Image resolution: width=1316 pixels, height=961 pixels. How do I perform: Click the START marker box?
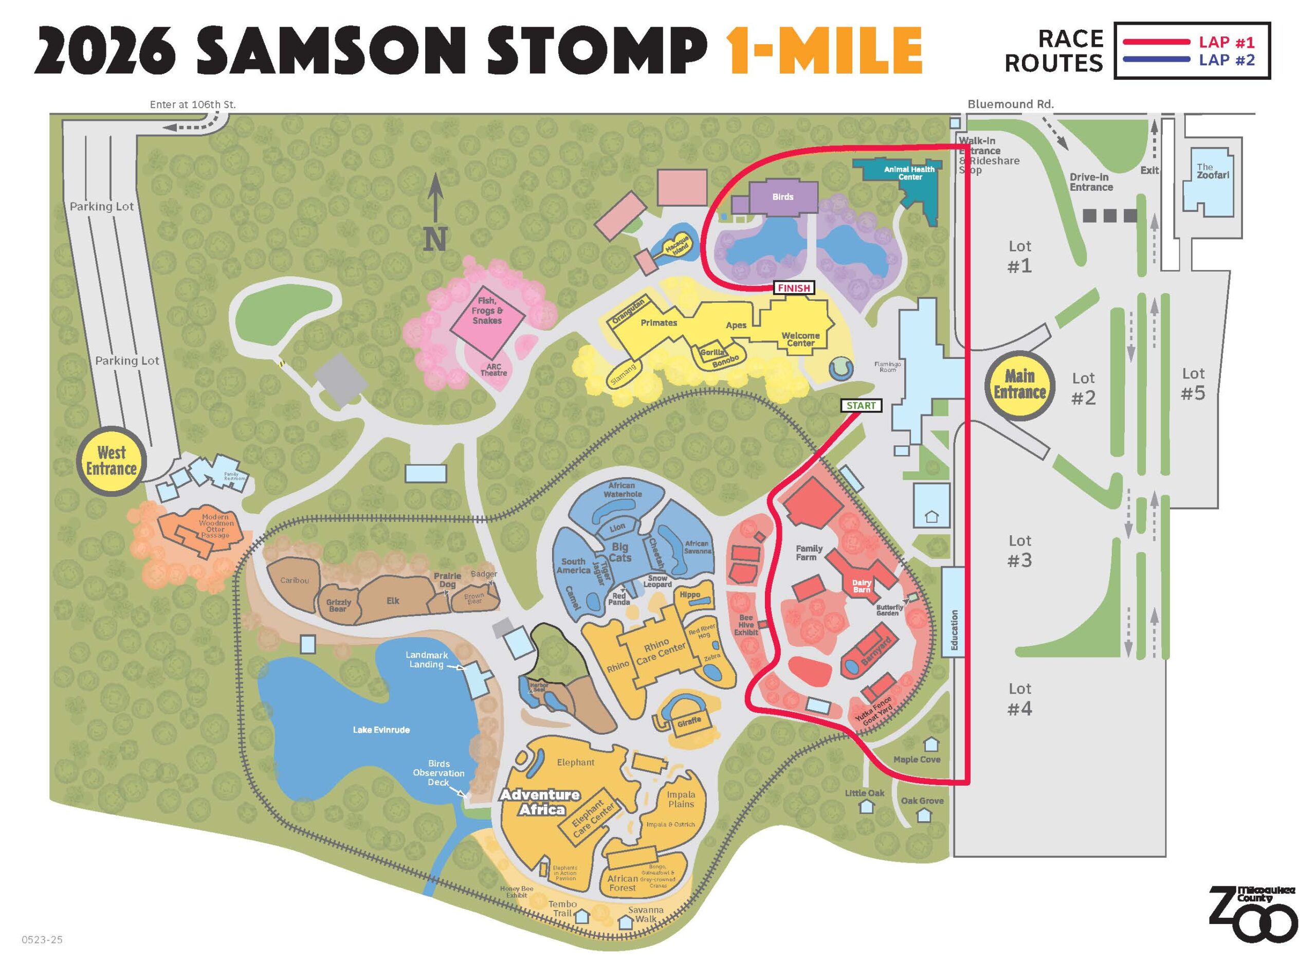(861, 406)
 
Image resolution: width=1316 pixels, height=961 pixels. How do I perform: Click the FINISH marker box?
(793, 288)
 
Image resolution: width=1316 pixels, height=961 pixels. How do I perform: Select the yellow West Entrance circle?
(111, 461)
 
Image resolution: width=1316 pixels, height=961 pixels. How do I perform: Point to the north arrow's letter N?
(435, 239)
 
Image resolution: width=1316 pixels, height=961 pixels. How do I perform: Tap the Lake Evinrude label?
(381, 730)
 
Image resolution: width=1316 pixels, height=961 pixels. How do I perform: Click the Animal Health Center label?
(909, 173)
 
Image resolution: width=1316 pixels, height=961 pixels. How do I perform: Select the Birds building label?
(783, 196)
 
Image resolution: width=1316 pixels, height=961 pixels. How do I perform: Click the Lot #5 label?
(1193, 384)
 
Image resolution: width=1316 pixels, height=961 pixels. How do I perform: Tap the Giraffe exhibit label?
(689, 722)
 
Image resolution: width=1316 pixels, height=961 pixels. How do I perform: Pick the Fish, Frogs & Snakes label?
(487, 311)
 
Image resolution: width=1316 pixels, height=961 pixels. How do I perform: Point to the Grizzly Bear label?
(338, 606)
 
